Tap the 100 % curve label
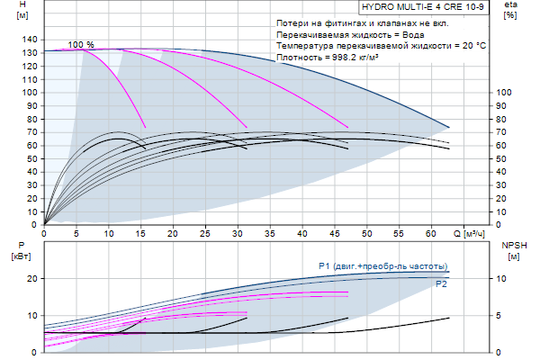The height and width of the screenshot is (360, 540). pyautogui.click(x=80, y=45)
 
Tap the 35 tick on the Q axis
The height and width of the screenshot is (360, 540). pyautogui.click(x=270, y=233)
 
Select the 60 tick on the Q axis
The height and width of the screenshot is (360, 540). pyautogui.click(x=430, y=233)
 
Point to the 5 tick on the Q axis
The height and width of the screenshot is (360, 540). pyautogui.click(x=76, y=233)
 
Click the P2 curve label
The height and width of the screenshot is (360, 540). pyautogui.click(x=441, y=284)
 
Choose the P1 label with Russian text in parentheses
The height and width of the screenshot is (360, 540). pyautogui.click(x=382, y=265)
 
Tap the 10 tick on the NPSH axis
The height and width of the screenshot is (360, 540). pyautogui.click(x=505, y=279)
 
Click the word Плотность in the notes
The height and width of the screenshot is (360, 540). pyautogui.click(x=300, y=57)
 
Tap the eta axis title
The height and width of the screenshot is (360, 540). pyautogui.click(x=510, y=6)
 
